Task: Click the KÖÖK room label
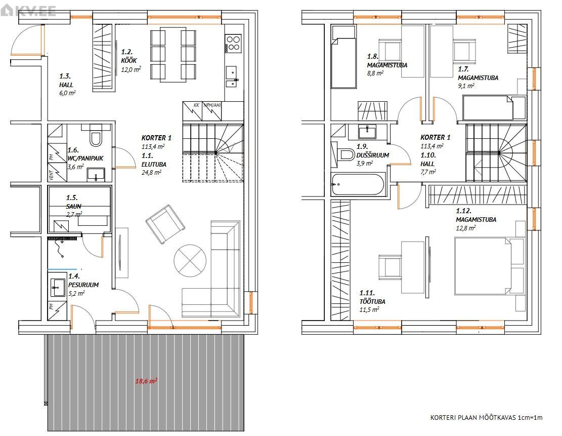128,61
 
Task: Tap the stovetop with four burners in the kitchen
233,44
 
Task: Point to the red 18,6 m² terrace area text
146,381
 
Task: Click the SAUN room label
73,206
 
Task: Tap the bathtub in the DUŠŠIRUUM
358,184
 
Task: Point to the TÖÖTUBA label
372,301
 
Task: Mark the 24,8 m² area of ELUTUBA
151,173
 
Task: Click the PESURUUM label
83,285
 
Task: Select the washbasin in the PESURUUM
58,287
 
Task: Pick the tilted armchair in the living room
165,224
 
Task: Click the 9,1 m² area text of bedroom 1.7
466,86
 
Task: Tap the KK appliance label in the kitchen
196,105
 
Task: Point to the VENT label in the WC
52,175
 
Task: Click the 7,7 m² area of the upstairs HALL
428,172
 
